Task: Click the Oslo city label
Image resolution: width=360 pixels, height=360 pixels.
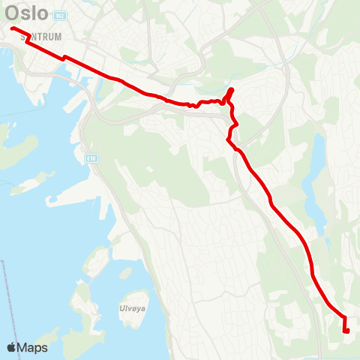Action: pos(27,13)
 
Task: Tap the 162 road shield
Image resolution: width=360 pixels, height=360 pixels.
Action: pos(61,16)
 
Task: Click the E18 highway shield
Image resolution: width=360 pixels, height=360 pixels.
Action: pos(91,158)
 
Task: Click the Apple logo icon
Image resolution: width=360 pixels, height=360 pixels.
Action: pos(13,347)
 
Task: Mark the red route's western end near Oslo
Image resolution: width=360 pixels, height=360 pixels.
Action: pos(13,28)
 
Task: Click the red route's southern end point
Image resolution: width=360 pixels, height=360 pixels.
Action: pos(346,330)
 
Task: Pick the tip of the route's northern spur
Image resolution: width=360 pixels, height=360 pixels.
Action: pos(231,90)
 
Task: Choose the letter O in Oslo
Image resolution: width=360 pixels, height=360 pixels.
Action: pos(13,13)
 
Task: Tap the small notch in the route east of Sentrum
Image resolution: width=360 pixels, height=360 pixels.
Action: pos(64,56)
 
